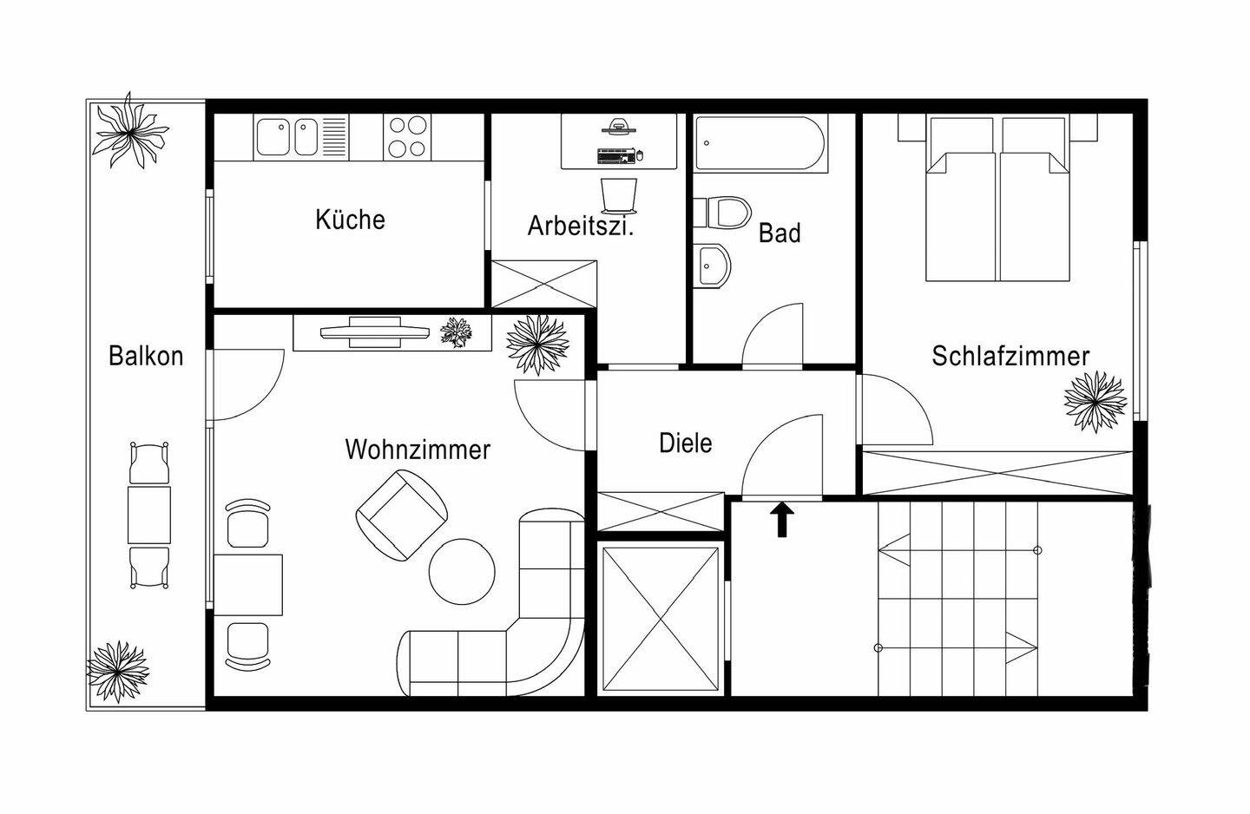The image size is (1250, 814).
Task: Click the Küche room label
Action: (350, 220)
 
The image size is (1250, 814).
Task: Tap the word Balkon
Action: (146, 356)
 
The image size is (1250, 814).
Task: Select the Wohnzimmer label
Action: (418, 450)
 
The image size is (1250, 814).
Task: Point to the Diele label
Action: (685, 443)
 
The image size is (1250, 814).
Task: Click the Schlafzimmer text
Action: (1010, 356)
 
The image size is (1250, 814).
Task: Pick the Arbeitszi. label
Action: (581, 226)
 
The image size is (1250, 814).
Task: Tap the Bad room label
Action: (780, 233)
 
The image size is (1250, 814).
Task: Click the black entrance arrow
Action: (782, 519)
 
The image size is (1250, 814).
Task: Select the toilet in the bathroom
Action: (722, 212)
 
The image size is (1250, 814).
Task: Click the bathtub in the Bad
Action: (760, 143)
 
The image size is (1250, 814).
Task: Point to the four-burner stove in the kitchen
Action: (407, 137)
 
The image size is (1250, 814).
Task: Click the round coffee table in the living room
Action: (462, 571)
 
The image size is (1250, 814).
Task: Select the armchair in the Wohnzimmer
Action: (402, 515)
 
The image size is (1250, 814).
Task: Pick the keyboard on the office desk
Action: (616, 155)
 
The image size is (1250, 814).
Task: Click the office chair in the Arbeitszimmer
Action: (619, 195)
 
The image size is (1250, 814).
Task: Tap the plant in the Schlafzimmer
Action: (1095, 402)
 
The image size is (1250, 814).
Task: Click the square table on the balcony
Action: (149, 515)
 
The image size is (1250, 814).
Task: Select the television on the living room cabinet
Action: (375, 332)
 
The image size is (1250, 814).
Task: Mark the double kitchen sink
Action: (286, 137)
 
